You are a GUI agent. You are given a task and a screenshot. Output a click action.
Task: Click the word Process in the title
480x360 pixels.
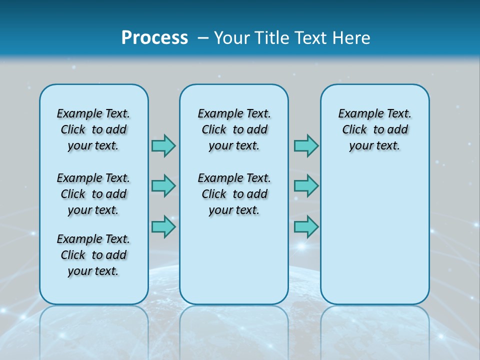(x=154, y=37)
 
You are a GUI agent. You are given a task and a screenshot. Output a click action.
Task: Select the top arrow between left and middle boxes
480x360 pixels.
(x=163, y=145)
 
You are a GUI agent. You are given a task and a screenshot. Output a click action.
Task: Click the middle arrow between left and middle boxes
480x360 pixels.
(x=163, y=186)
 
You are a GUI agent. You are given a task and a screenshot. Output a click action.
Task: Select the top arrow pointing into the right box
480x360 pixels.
(x=306, y=145)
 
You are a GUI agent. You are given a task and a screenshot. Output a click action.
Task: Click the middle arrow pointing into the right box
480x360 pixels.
(x=306, y=186)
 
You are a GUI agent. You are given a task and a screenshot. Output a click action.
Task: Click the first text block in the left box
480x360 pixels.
(x=93, y=129)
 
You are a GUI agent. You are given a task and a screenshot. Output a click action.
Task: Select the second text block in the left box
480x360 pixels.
(x=93, y=194)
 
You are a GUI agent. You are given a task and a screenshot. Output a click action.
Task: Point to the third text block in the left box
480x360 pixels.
(x=93, y=255)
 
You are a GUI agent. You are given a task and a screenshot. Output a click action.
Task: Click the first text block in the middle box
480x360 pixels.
(x=234, y=129)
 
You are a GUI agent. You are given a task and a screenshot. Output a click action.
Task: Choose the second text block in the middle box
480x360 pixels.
(x=234, y=194)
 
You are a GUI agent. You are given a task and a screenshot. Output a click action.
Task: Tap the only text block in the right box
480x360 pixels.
(x=374, y=129)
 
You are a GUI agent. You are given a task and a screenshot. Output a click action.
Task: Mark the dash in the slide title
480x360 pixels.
(x=203, y=38)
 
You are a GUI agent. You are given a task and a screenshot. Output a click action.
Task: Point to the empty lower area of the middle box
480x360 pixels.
(x=234, y=260)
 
